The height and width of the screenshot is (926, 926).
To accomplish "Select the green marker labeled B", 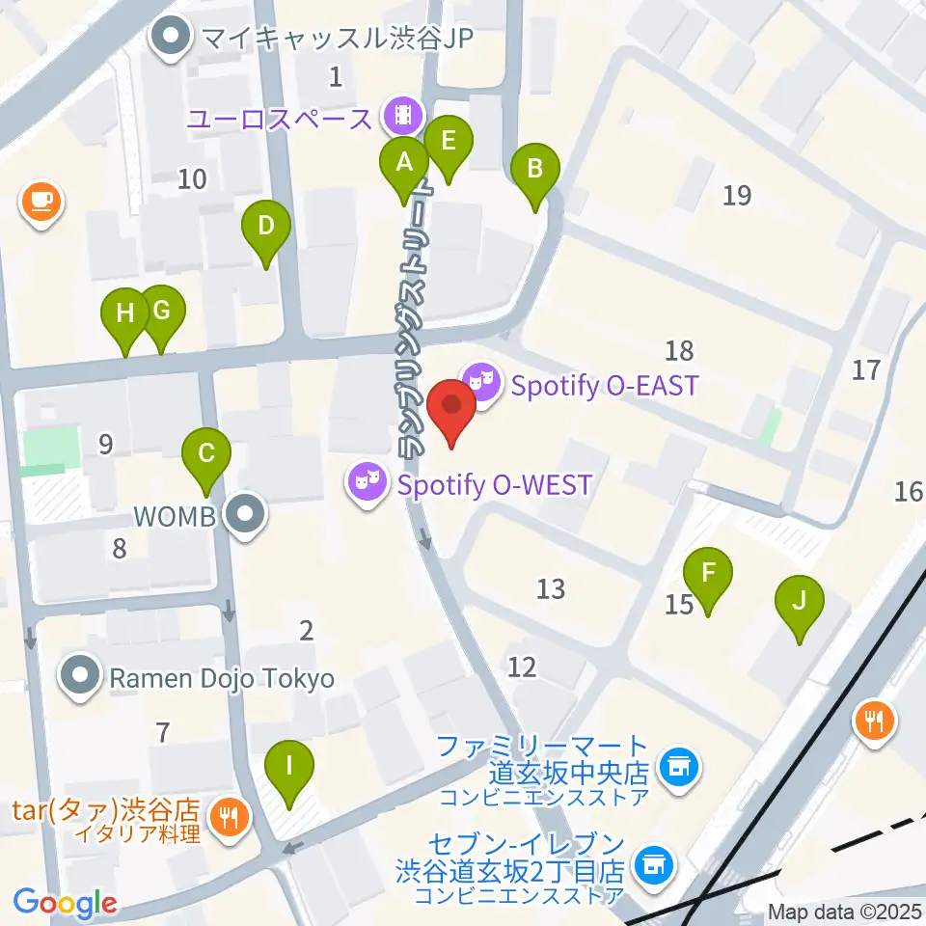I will [535, 173].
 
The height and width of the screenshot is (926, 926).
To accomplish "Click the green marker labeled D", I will [266, 230].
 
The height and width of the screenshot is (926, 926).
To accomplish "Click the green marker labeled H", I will [125, 317].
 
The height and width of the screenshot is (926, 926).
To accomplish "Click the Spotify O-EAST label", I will [604, 387].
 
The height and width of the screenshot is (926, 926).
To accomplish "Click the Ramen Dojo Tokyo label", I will [221, 678].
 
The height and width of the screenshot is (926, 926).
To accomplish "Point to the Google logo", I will [66, 902].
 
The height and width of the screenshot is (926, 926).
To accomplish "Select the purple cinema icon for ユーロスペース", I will [402, 117].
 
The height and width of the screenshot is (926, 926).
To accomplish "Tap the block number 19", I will [736, 196].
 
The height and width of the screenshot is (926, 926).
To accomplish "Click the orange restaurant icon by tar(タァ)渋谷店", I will [230, 818].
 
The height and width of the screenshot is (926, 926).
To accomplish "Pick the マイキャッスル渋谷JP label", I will [339, 40].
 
